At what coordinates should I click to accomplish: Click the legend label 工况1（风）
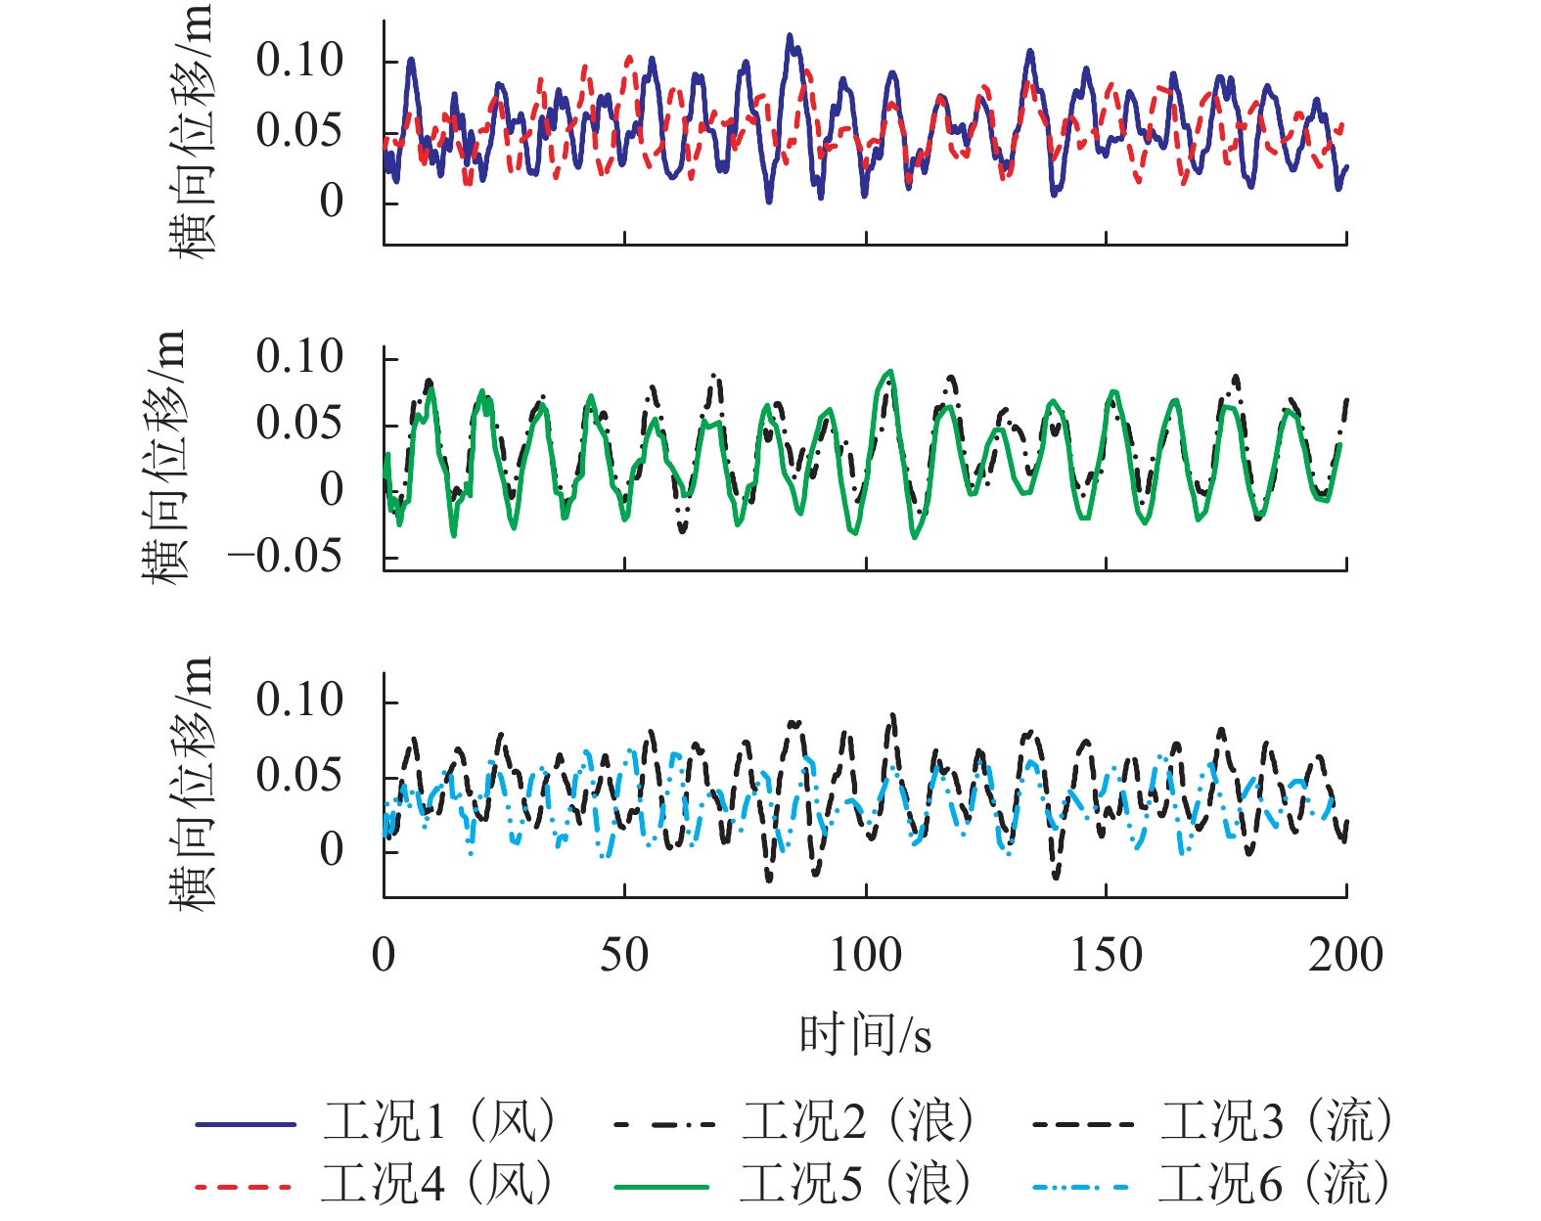pyautogui.click(x=440, y=1121)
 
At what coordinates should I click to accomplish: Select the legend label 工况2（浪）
pyautogui.click(x=858, y=1121)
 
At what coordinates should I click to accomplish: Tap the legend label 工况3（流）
pyautogui.click(x=1277, y=1121)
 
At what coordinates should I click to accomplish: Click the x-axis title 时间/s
pyautogui.click(x=865, y=1035)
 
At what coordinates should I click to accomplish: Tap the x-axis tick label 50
pyautogui.click(x=624, y=955)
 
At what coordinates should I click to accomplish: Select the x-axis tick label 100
pyautogui.click(x=865, y=955)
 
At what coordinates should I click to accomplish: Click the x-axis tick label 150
pyautogui.click(x=1106, y=955)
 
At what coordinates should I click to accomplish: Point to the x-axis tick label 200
pyautogui.click(x=1345, y=955)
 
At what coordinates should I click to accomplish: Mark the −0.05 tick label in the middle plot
pyautogui.click(x=285, y=557)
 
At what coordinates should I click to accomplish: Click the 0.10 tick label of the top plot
pyautogui.click(x=299, y=61)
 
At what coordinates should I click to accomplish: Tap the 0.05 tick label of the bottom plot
pyautogui.click(x=299, y=775)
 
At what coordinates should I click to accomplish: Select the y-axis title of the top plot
pyautogui.click(x=190, y=132)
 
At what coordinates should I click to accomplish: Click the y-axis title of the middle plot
pyautogui.click(x=162, y=457)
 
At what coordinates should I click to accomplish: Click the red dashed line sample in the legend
pyautogui.click(x=244, y=1187)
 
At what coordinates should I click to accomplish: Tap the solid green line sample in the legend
pyautogui.click(x=662, y=1187)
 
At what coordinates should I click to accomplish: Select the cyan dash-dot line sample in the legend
pyautogui.click(x=1081, y=1187)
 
